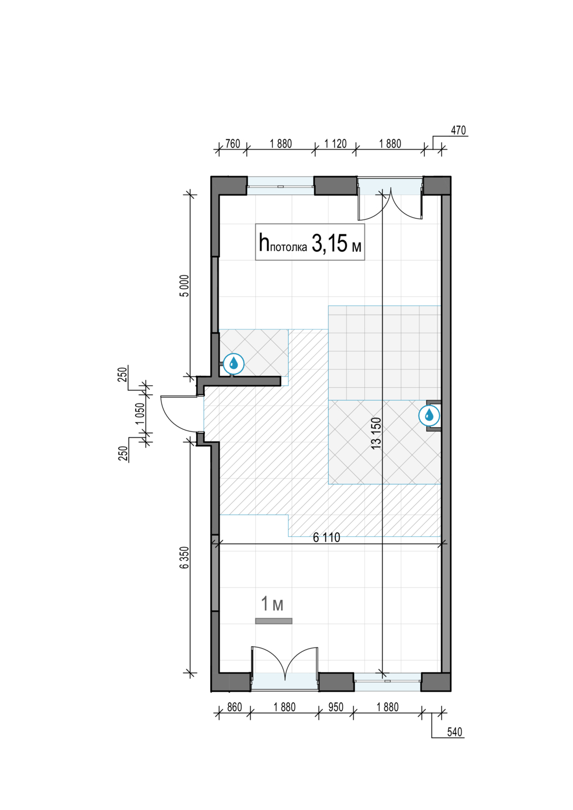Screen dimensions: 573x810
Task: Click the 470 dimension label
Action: pyautogui.click(x=458, y=130)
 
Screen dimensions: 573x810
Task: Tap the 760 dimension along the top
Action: pyautogui.click(x=233, y=144)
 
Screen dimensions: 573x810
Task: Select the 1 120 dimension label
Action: pyautogui.click(x=335, y=144)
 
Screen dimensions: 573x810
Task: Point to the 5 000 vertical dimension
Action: pyautogui.click(x=185, y=286)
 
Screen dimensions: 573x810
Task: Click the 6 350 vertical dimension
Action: pyautogui.click(x=185, y=557)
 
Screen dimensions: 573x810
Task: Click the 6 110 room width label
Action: pyautogui.click(x=327, y=538)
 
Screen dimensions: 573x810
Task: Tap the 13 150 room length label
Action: pyautogui.click(x=376, y=434)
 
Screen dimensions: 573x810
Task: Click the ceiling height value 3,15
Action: pyautogui.click(x=329, y=243)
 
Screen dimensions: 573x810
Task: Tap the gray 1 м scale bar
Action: pyautogui.click(x=274, y=621)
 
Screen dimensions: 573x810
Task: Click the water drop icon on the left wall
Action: pyautogui.click(x=234, y=364)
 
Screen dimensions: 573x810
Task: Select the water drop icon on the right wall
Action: pyautogui.click(x=429, y=415)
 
